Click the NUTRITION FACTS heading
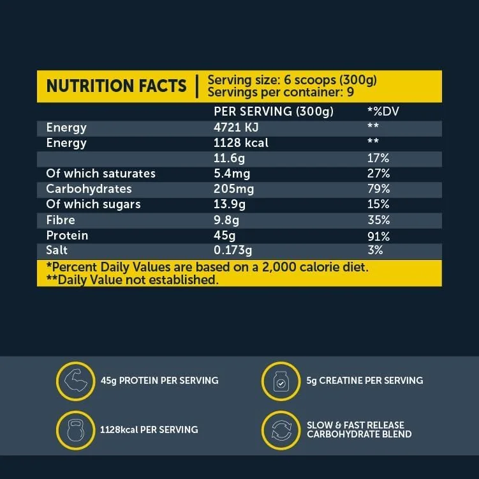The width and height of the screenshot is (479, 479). [x=117, y=86]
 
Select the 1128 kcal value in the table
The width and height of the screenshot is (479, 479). [x=241, y=142]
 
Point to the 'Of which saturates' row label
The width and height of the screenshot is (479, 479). [x=101, y=174]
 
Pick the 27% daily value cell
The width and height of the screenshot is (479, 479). [x=378, y=174]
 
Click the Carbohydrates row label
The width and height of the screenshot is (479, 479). [x=89, y=189]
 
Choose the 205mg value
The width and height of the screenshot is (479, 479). [x=233, y=189]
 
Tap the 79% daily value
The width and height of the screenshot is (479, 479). [x=378, y=189]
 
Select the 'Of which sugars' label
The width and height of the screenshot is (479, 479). [x=93, y=204]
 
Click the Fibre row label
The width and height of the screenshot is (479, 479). [x=61, y=220]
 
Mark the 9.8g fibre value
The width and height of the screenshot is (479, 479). [x=226, y=220]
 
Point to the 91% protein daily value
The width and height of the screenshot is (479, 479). [x=378, y=236]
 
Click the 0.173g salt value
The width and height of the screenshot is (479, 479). [x=233, y=251]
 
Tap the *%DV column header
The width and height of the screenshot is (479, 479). [x=383, y=112]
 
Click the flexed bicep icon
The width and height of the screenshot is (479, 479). [x=75, y=381]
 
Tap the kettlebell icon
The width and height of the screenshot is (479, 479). [x=75, y=430]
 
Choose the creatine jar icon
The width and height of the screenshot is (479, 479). [x=280, y=381]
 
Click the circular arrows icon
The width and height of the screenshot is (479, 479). [x=280, y=430]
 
